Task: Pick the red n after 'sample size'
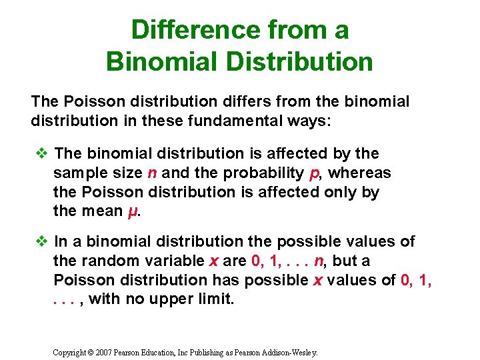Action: coord(153,173)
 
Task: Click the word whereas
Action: coord(360,173)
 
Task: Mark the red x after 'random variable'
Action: coord(225,261)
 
